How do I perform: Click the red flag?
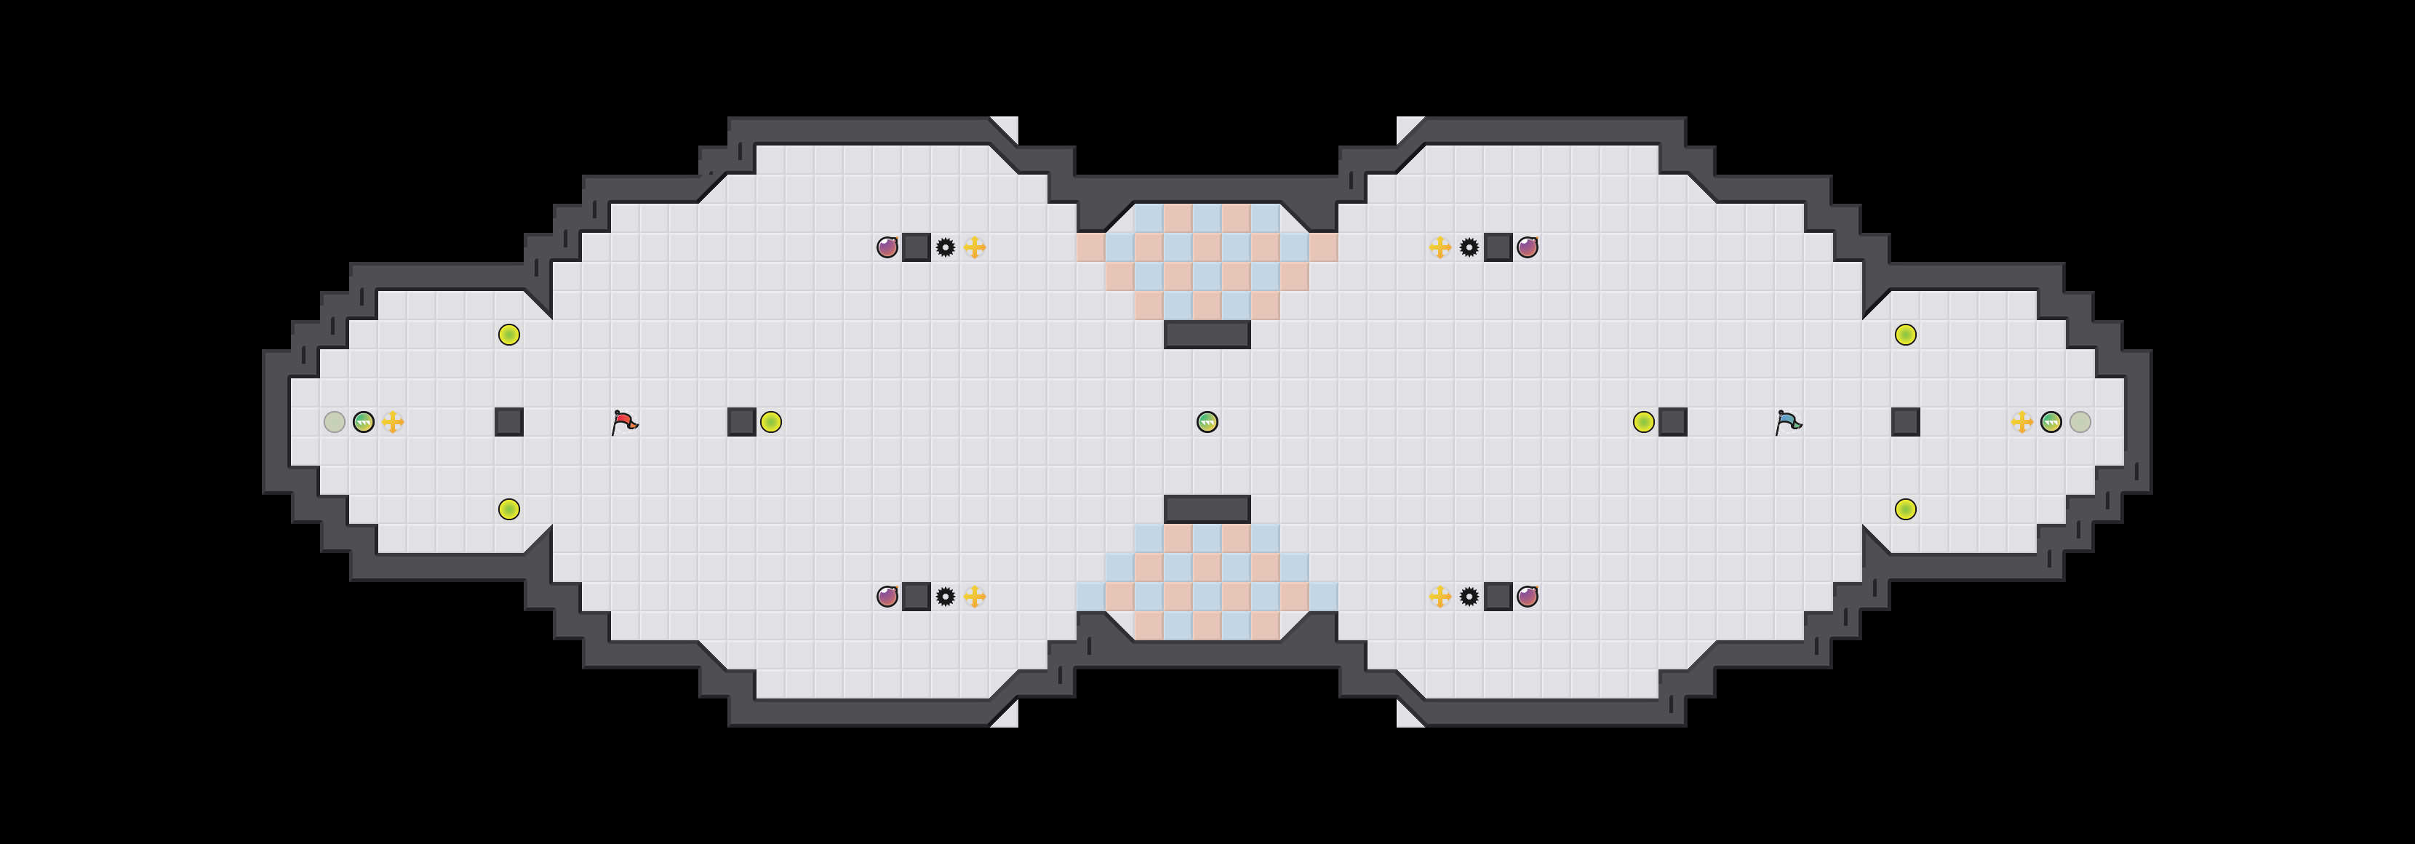click(x=623, y=422)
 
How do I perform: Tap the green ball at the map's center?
click(x=1207, y=422)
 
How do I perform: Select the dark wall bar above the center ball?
click(x=1207, y=335)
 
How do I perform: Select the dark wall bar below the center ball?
click(x=1207, y=509)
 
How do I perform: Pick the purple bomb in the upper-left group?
click(x=887, y=247)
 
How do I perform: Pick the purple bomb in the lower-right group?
click(x=1527, y=597)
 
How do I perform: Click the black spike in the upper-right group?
click(x=1469, y=247)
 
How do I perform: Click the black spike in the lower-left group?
click(x=946, y=597)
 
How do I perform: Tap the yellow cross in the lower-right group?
click(x=1440, y=597)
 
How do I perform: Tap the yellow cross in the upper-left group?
click(x=975, y=247)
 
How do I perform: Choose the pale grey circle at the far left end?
click(x=335, y=422)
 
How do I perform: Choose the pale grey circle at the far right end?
click(x=2080, y=422)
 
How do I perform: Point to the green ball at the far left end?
click(x=364, y=422)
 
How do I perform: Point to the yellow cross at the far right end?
click(x=2022, y=422)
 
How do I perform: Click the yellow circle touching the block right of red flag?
click(x=770, y=422)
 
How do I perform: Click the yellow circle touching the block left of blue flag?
click(x=1643, y=422)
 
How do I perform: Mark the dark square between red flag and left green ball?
click(x=509, y=422)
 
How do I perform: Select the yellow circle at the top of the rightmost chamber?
click(x=1906, y=335)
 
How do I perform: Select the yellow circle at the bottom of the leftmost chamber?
click(x=509, y=509)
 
